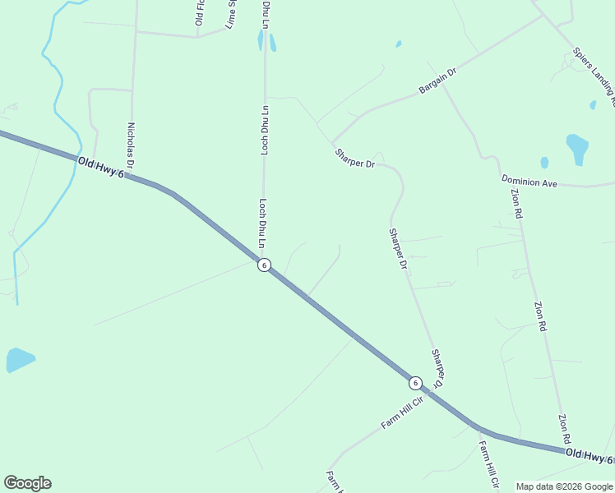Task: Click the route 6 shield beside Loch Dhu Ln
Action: [264, 265]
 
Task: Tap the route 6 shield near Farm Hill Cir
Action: [415, 383]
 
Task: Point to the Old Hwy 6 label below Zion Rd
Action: [590, 455]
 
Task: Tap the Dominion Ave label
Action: [529, 181]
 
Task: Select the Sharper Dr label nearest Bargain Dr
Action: [354, 159]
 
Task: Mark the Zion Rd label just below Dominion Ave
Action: [516, 203]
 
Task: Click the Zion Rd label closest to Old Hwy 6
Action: [563, 430]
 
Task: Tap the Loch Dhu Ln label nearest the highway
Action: [262, 223]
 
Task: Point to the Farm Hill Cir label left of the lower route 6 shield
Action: [401, 413]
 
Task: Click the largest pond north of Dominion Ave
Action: [577, 149]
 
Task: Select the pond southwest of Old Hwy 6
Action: [19, 359]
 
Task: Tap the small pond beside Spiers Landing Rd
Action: [593, 105]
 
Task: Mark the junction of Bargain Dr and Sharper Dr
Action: [332, 142]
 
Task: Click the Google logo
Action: [27, 483]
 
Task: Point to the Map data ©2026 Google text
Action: [564, 486]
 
